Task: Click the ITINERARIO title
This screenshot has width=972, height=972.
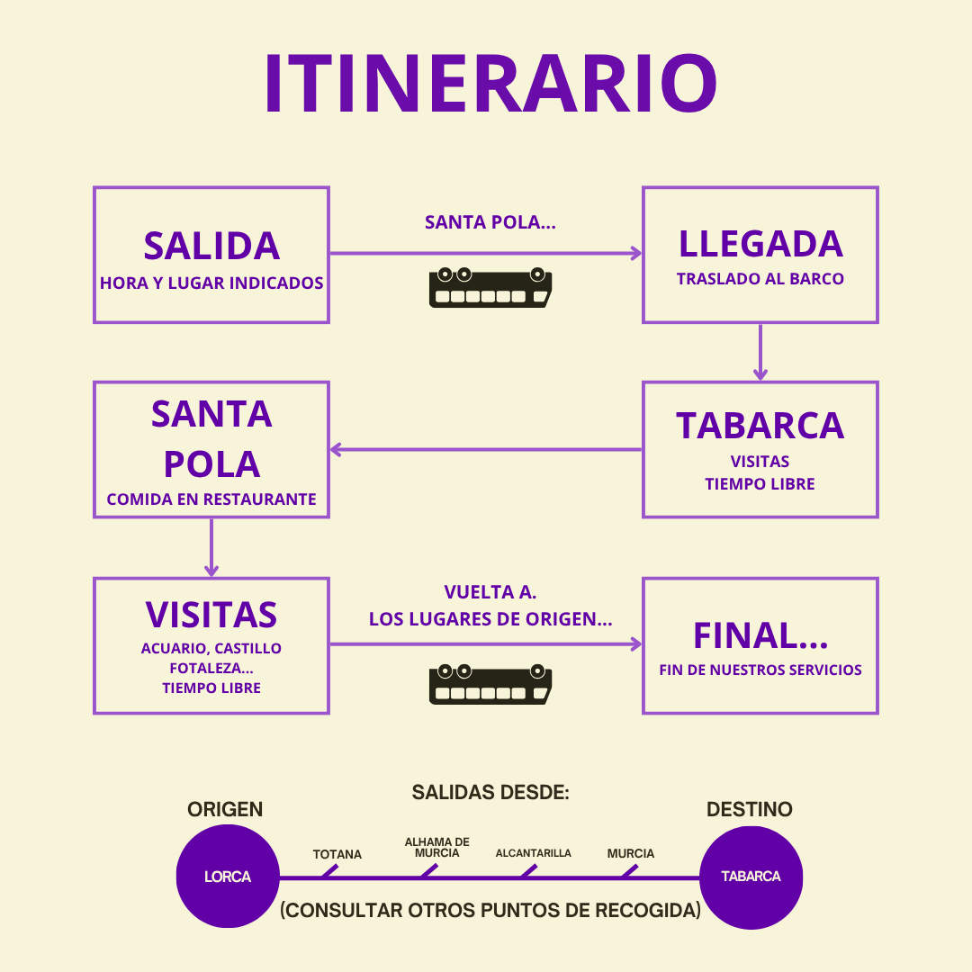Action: pyautogui.click(x=490, y=85)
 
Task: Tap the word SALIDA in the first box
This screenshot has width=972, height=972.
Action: pyautogui.click(x=211, y=246)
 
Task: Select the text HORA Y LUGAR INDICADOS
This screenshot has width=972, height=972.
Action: pyautogui.click(x=211, y=283)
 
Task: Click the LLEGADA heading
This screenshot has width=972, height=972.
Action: pyautogui.click(x=760, y=244)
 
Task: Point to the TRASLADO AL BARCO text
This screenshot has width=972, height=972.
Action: pyautogui.click(x=760, y=279)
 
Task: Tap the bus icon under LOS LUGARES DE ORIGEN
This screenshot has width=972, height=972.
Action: pyautogui.click(x=490, y=683)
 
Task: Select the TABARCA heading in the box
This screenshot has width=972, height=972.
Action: pyautogui.click(x=760, y=426)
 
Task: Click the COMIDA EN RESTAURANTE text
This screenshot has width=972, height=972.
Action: pyautogui.click(x=211, y=499)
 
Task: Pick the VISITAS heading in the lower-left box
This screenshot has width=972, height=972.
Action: pyautogui.click(x=211, y=615)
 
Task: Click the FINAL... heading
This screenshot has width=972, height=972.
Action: pyautogui.click(x=760, y=636)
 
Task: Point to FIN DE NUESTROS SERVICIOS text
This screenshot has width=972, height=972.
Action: pyautogui.click(x=760, y=670)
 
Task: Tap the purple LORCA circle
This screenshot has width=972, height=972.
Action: pyautogui.click(x=228, y=877)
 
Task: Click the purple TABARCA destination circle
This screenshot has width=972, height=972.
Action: pyautogui.click(x=751, y=877)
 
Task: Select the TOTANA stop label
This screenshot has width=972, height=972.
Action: pyautogui.click(x=337, y=854)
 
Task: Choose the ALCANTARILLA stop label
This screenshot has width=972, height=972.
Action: pyautogui.click(x=533, y=852)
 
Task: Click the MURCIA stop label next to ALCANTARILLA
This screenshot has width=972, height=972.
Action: pyautogui.click(x=631, y=853)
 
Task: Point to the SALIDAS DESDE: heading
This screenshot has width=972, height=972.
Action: pyautogui.click(x=490, y=793)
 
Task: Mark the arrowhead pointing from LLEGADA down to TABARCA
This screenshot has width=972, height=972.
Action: pyautogui.click(x=760, y=373)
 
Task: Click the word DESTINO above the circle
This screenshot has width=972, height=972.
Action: pyautogui.click(x=749, y=809)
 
